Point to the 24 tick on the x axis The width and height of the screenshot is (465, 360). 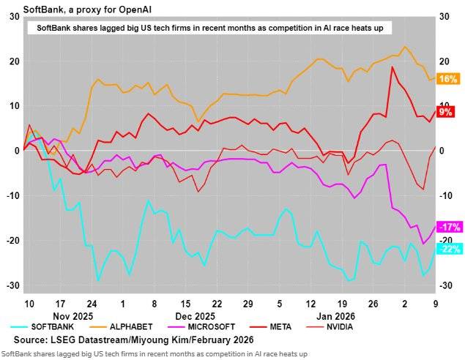[x=92, y=303]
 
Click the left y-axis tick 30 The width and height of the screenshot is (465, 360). [x=15, y=16]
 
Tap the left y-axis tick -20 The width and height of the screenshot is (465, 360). [x=12, y=241]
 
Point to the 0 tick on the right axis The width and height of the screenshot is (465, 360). [x=442, y=151]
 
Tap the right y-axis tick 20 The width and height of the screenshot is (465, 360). [x=444, y=61]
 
